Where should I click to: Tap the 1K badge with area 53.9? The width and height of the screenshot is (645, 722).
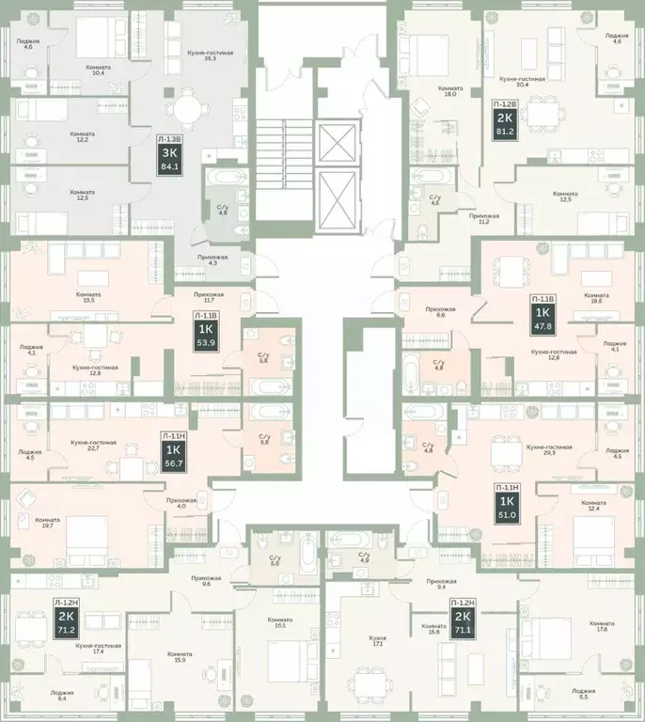pos(205,337)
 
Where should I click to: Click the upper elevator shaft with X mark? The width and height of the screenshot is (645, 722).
pos(334,143)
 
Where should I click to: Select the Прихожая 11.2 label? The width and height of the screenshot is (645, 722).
pos(483,220)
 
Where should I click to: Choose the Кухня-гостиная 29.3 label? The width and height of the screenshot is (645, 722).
pos(548,450)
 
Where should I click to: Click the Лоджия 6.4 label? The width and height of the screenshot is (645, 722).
pos(65,696)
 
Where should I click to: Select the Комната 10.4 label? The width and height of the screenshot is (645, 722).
pos(97,71)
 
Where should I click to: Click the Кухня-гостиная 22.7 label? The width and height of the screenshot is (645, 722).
pos(93,446)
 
